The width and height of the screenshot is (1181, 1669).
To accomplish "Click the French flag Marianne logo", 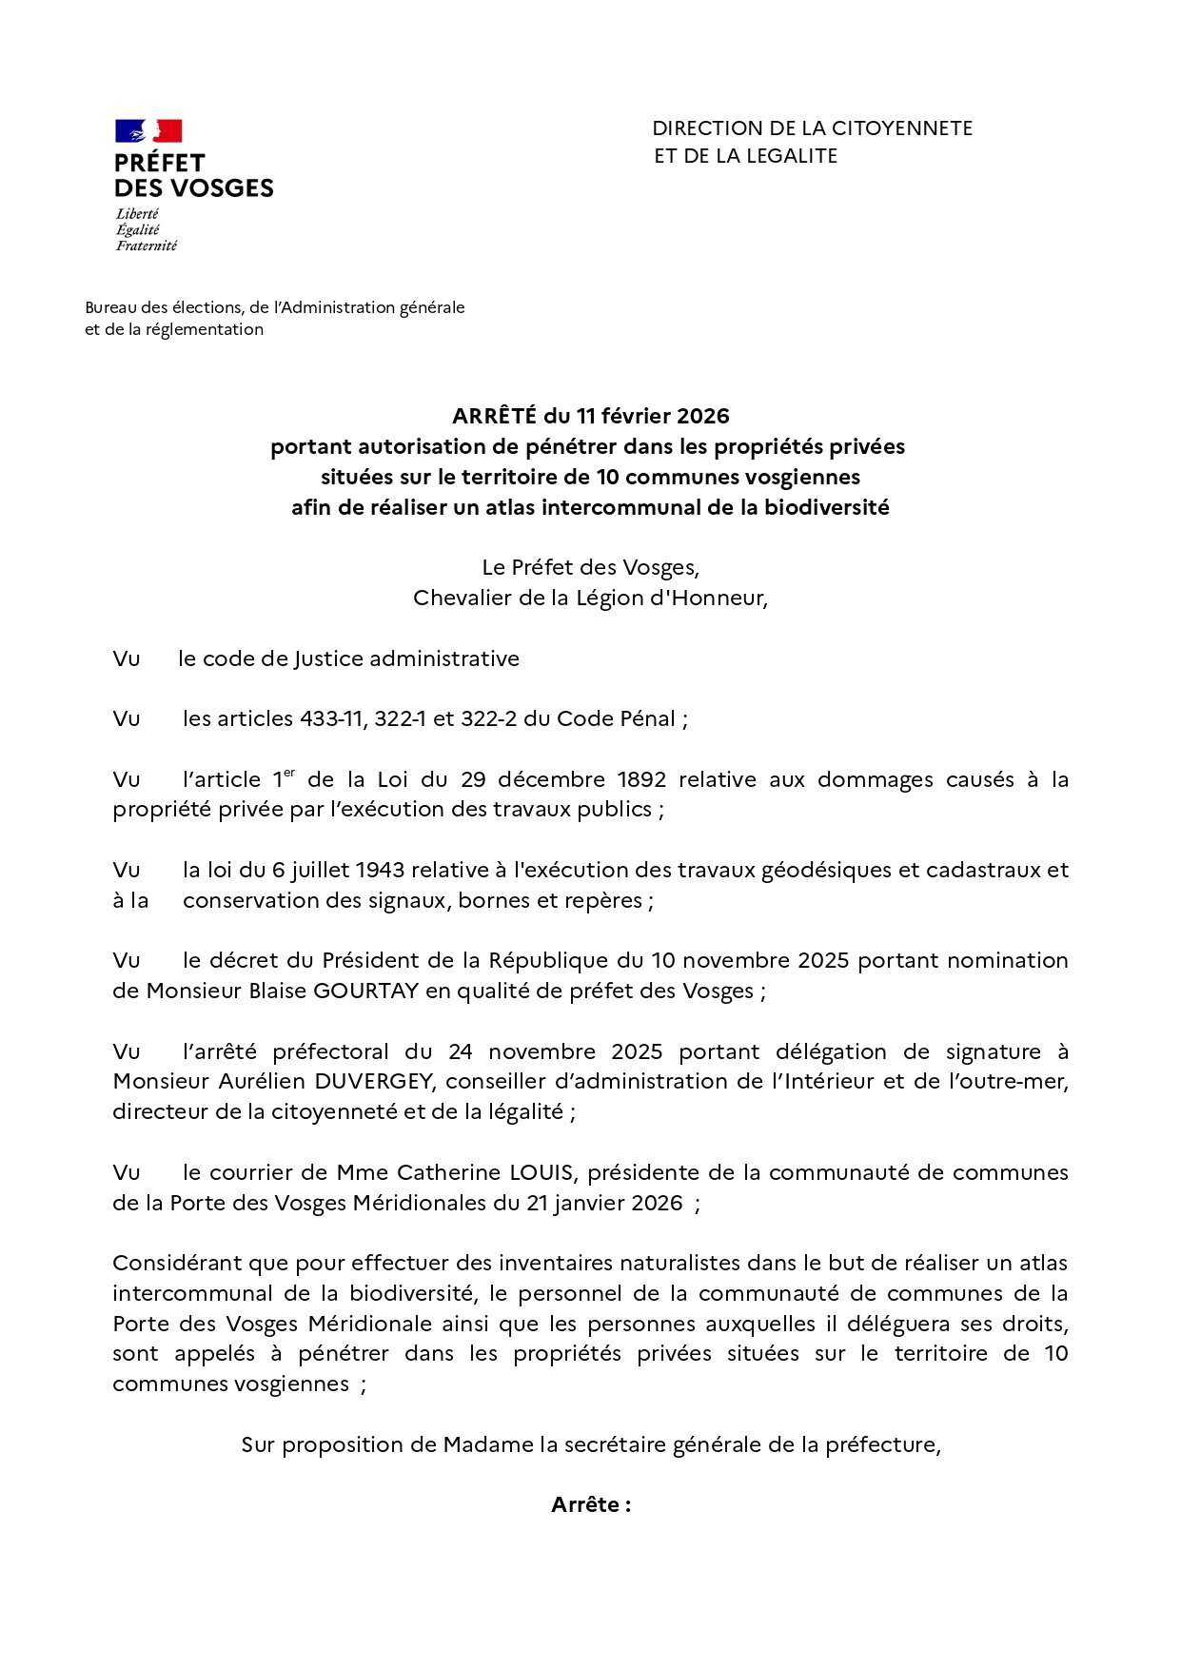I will click(x=148, y=131).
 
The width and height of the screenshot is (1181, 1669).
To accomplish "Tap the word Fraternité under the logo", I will click(x=147, y=245).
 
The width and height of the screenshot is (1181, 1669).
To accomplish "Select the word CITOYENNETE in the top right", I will click(x=902, y=128).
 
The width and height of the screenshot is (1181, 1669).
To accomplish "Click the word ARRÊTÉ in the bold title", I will click(x=494, y=416).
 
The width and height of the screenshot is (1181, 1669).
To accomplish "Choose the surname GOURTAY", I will click(x=365, y=991).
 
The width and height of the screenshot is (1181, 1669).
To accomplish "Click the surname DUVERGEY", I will click(x=374, y=1081).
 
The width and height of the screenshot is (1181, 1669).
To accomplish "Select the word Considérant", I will click(x=177, y=1263).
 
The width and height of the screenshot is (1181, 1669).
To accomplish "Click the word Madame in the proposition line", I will click(x=488, y=1444).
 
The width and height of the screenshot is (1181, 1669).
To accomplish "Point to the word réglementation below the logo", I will click(x=205, y=329).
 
